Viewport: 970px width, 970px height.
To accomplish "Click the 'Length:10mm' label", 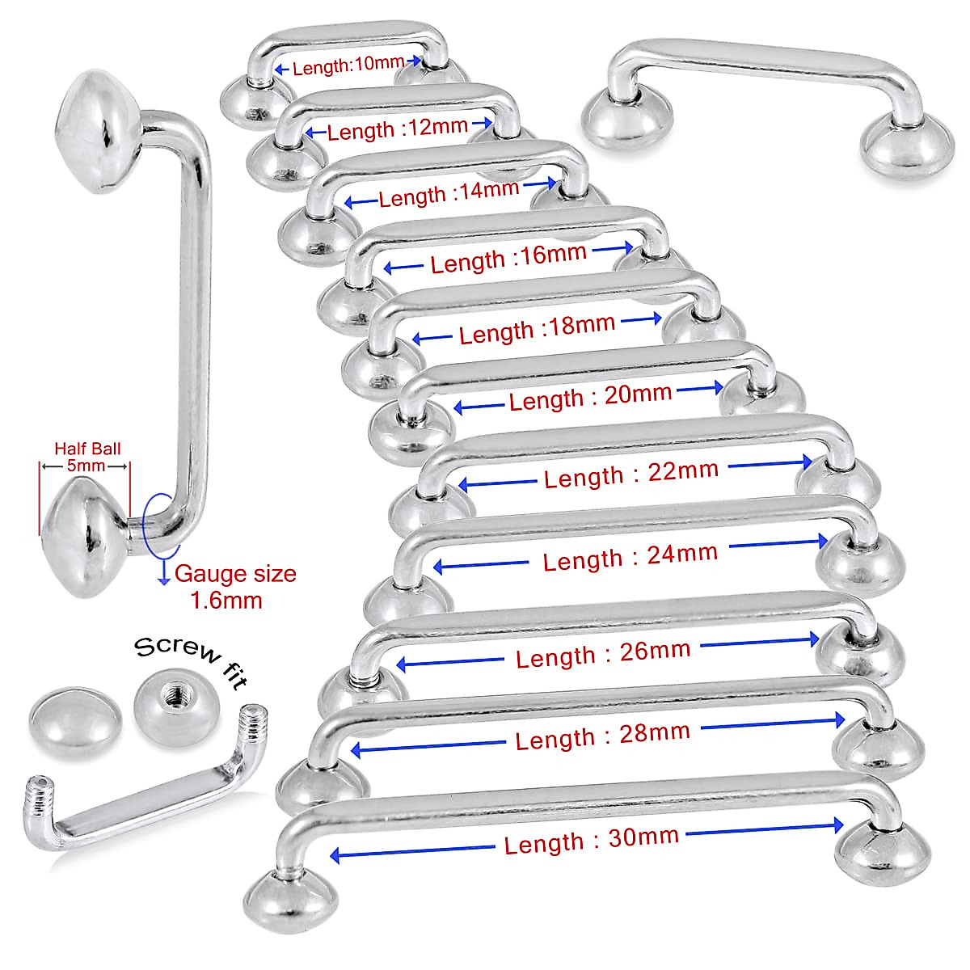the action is pos(348,66).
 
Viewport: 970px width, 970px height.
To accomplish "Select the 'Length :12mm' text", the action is pos(398,129).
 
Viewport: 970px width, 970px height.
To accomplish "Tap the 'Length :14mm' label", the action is pos(449,194).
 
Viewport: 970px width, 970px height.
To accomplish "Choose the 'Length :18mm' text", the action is pos(537,329).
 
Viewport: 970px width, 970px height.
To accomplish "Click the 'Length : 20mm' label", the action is pos(590,398).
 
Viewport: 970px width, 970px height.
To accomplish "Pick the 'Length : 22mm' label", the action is pos(630,474).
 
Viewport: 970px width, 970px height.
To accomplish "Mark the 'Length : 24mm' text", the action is pos(630,557).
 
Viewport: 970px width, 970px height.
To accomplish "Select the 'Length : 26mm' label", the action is pos(603,654).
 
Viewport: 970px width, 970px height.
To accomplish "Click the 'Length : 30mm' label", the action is pos(591,840).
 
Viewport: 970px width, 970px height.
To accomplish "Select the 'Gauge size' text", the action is pos(235,574).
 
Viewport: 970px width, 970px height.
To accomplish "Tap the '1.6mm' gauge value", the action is pos(226,601).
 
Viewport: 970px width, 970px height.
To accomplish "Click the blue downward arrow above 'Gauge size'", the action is pos(163,572).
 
